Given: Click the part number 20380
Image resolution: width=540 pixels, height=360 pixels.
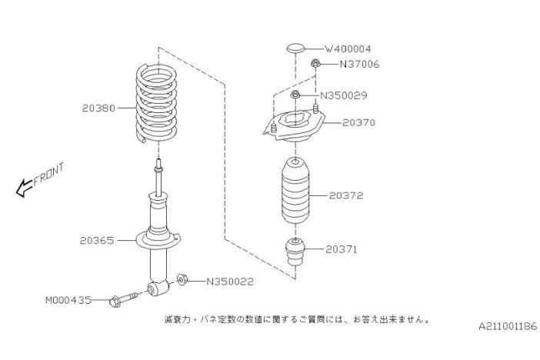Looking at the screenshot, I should pyautogui.click(x=98, y=108).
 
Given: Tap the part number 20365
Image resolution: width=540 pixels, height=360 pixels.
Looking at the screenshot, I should pyautogui.click(x=97, y=240).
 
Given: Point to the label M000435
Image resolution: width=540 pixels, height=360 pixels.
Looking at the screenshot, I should pyautogui.click(x=68, y=300).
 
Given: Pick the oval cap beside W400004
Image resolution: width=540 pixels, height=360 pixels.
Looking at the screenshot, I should pyautogui.click(x=295, y=48).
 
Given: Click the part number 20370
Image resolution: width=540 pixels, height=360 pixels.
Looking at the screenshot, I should pyautogui.click(x=359, y=122).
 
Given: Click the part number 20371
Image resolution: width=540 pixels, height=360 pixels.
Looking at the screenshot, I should pyautogui.click(x=341, y=249).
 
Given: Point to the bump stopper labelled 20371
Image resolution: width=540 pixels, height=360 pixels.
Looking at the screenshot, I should pyautogui.click(x=295, y=254).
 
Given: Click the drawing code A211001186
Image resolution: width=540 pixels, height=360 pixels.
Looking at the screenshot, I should pyautogui.click(x=507, y=326).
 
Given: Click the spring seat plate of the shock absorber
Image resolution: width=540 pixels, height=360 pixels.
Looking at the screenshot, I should pyautogui.click(x=158, y=240).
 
